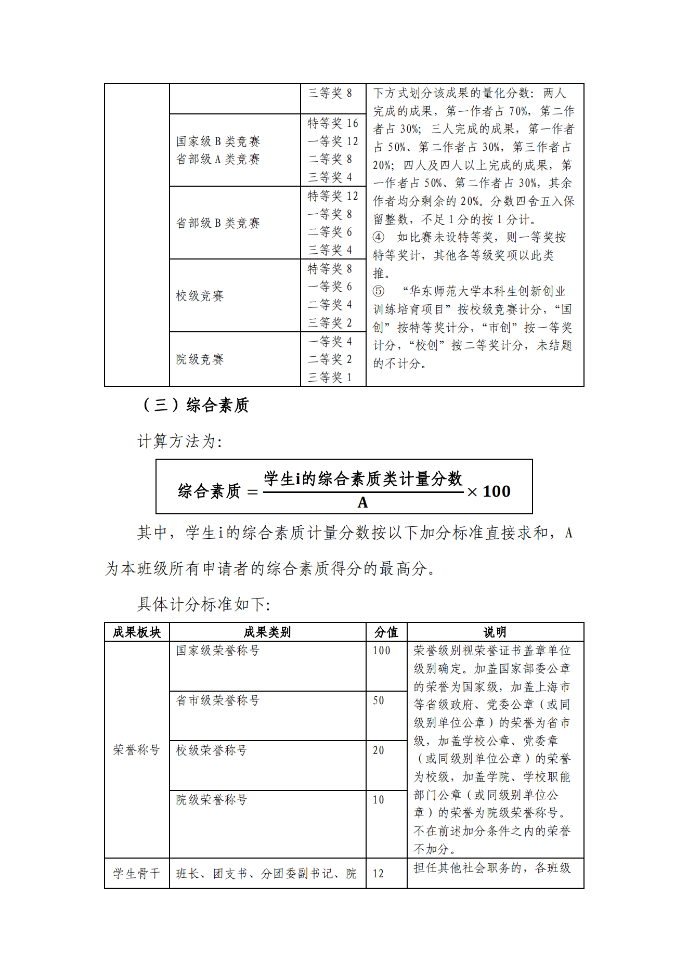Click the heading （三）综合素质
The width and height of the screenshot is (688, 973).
[196, 405]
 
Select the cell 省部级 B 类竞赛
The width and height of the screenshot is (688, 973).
[218, 223]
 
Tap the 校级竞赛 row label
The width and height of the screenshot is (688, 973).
[200, 296]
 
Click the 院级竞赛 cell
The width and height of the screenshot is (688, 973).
[200, 359]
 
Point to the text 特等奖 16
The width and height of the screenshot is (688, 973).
[333, 123]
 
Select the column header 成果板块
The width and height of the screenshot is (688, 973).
[137, 632]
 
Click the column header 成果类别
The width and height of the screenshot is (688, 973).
[267, 632]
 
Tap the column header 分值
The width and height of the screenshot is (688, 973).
[386, 632]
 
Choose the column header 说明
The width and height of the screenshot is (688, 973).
[495, 632]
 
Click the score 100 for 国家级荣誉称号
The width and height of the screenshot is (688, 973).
[381, 651]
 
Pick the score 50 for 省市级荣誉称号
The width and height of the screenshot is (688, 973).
[379, 700]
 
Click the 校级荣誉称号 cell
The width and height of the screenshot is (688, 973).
[211, 750]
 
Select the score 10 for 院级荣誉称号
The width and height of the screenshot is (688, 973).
[379, 800]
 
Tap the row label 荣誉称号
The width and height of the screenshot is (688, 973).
[136, 750]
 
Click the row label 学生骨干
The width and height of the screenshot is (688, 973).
[136, 874]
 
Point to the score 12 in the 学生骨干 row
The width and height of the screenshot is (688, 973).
[379, 874]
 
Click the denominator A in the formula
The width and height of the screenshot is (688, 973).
[362, 502]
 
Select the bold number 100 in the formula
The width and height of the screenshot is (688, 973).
[497, 491]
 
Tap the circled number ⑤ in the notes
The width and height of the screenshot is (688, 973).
[379, 291]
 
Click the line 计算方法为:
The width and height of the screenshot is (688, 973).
[180, 442]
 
